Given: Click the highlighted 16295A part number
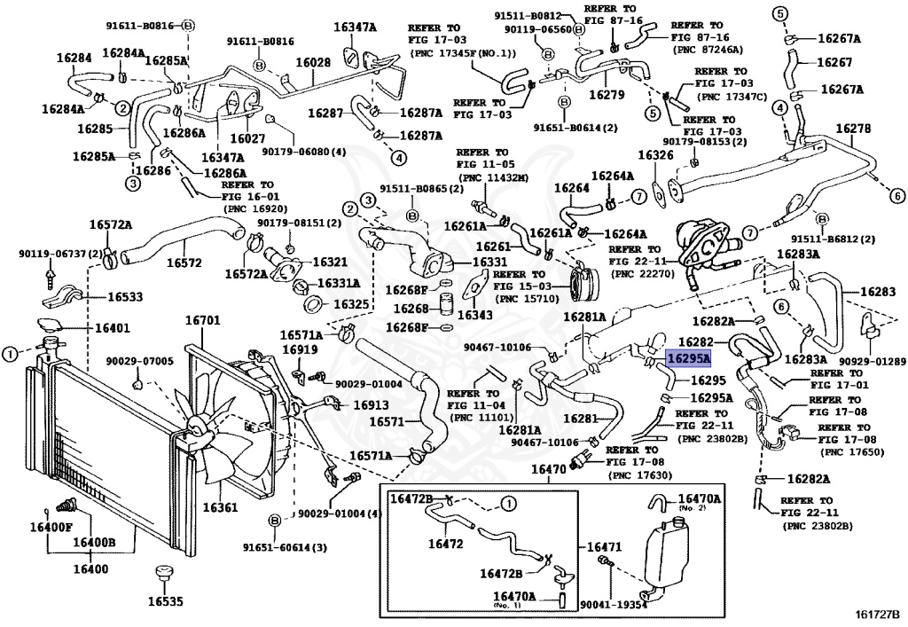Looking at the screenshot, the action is (x=688, y=359).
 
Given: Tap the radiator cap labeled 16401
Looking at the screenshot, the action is (x=52, y=325).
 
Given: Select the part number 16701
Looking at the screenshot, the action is (x=203, y=320).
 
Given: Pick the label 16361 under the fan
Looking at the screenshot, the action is (x=220, y=508).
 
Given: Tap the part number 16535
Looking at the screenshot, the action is (x=165, y=601).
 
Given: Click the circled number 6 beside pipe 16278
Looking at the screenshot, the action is (x=897, y=196).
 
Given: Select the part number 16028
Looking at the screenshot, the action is (x=313, y=63).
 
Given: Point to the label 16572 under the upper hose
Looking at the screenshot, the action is (x=184, y=263).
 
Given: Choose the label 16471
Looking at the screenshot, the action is (x=605, y=546).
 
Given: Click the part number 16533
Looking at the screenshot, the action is (x=125, y=297).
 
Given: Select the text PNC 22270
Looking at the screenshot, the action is (x=645, y=274).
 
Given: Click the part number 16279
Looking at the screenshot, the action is (x=607, y=93).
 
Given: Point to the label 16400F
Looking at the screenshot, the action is (x=51, y=527).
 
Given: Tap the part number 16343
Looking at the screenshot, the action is (x=475, y=314).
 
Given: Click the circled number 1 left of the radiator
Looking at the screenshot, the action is (x=10, y=354).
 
